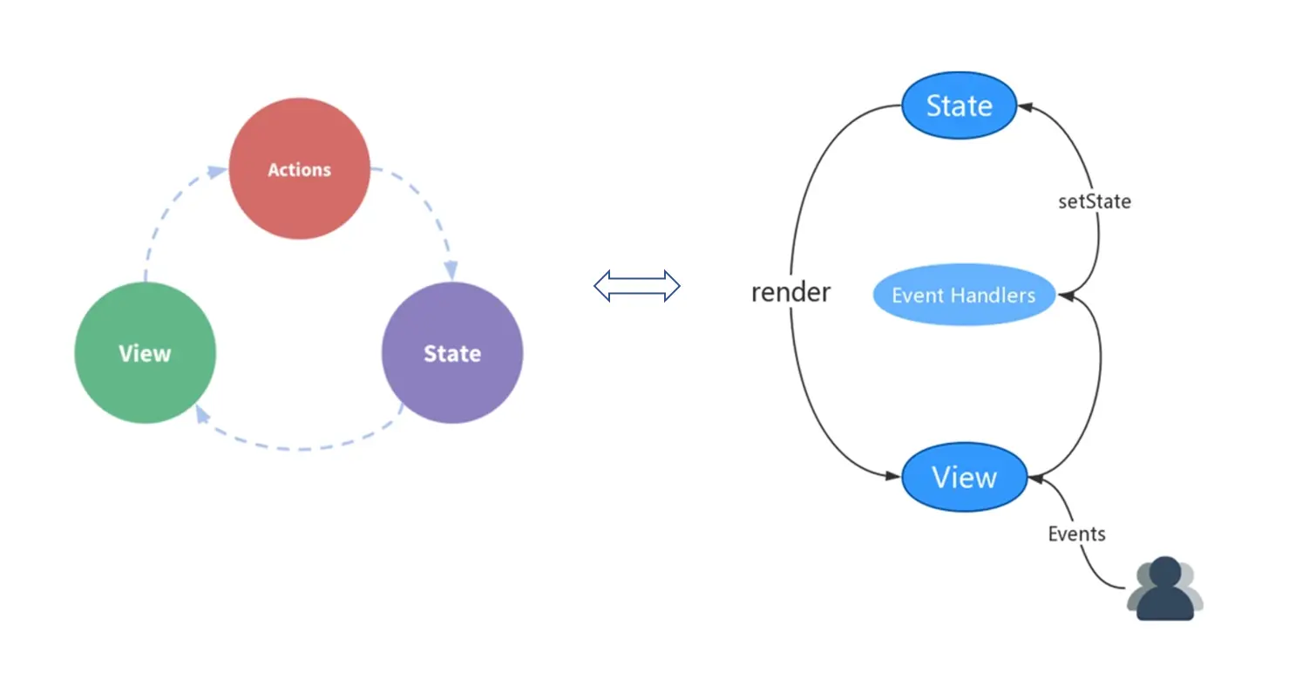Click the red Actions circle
[x=299, y=168]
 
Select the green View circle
[x=145, y=353]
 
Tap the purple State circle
[x=452, y=353]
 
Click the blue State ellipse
[x=959, y=105]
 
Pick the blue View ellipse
[x=964, y=477]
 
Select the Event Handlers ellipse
[x=963, y=295]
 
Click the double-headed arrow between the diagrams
[x=637, y=285]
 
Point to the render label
[x=790, y=292]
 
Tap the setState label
[x=1094, y=201]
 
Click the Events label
[x=1076, y=534]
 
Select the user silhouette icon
[x=1165, y=589]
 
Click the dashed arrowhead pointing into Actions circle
[x=216, y=172]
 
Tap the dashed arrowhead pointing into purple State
[x=451, y=269]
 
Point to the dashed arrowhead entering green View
[x=201, y=415]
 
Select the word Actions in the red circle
[x=299, y=169]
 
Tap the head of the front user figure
[x=1165, y=573]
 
